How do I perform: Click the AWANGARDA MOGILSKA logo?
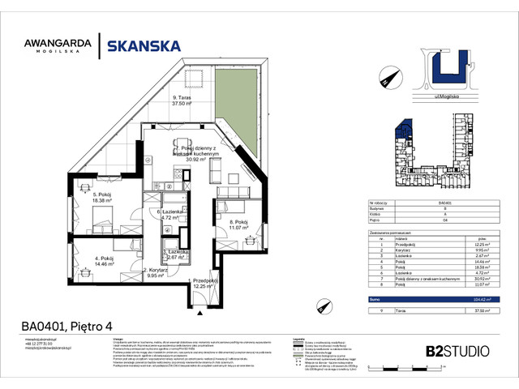(x=62, y=45)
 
